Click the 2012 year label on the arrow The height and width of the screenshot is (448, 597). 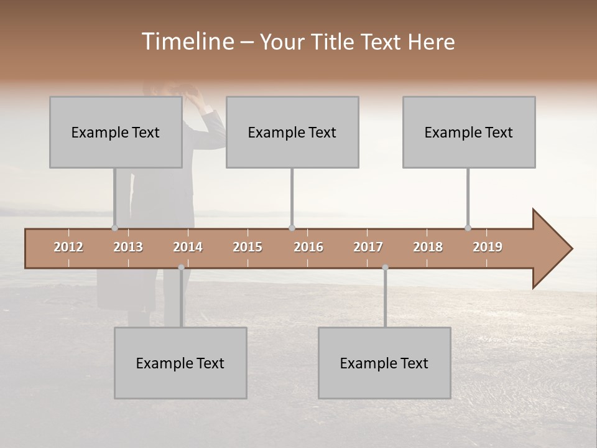tap(68, 247)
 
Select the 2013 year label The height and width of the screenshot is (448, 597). tap(128, 247)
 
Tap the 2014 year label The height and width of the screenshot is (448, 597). tap(188, 247)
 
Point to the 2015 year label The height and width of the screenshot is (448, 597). tap(248, 247)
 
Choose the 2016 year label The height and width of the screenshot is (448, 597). tap(308, 247)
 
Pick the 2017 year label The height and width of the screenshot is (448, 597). tap(368, 247)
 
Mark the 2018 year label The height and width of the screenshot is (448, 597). tap(428, 247)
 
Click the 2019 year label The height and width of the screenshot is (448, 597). tap(488, 247)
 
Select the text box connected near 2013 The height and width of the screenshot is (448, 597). tap(115, 132)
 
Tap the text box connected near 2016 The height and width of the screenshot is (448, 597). tap(292, 132)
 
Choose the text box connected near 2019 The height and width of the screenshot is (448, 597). tap(468, 132)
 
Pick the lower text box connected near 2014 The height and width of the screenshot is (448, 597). tap(180, 363)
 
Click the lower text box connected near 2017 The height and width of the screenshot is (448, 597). tap(384, 363)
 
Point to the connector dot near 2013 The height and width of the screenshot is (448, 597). tap(114, 228)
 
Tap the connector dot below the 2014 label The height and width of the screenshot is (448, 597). tap(181, 268)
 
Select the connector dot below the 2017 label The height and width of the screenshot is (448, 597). tap(385, 268)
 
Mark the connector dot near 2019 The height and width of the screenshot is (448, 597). tap(468, 228)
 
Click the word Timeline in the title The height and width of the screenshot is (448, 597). tap(187, 42)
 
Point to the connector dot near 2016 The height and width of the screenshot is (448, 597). tap(292, 228)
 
